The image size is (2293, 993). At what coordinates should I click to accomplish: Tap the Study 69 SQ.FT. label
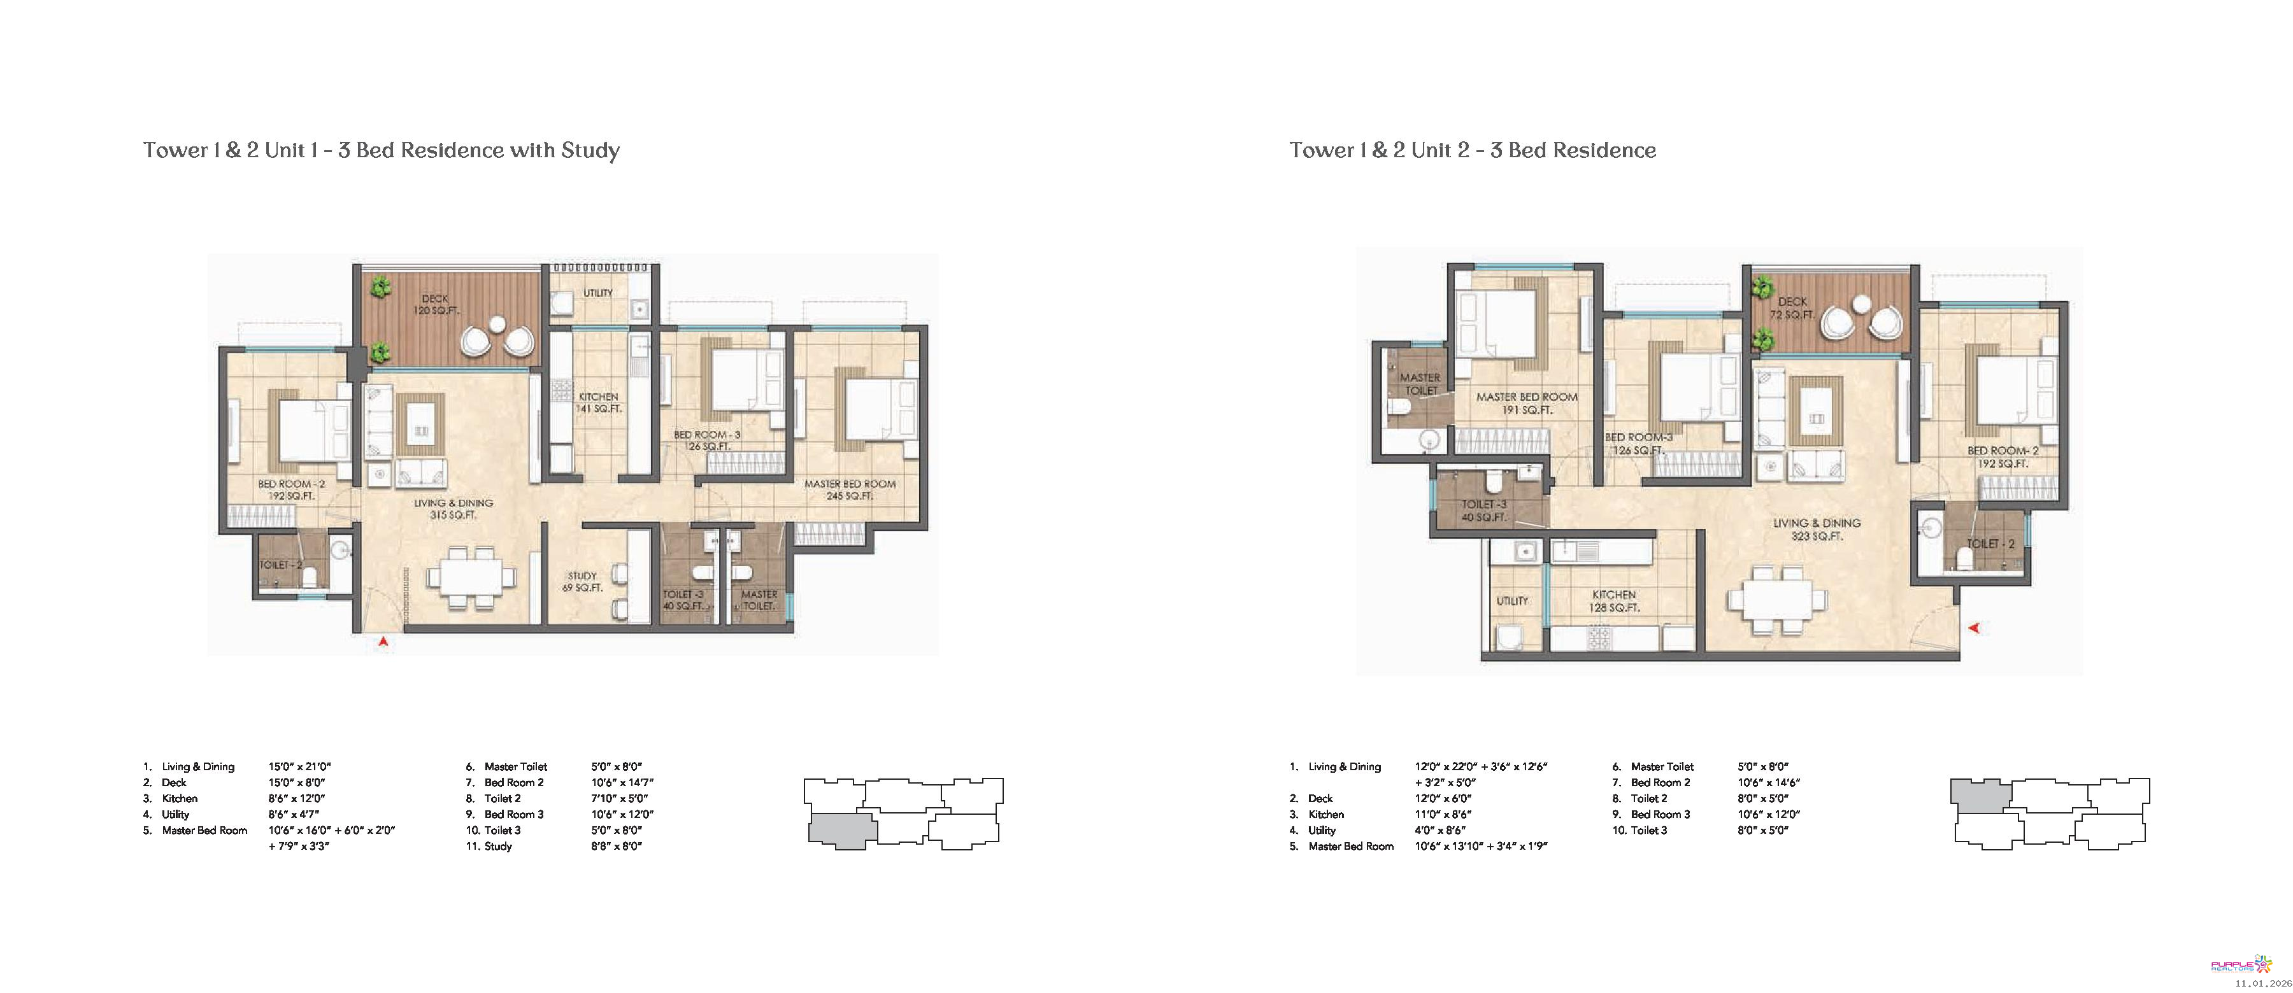point(582,582)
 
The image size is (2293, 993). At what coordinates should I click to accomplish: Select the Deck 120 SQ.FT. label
point(435,305)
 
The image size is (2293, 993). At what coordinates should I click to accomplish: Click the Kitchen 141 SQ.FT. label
point(598,403)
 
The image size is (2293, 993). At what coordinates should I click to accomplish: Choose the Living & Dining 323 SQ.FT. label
point(1817,530)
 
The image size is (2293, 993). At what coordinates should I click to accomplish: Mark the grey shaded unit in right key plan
point(1980,794)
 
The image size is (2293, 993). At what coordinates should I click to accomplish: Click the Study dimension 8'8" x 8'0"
point(616,846)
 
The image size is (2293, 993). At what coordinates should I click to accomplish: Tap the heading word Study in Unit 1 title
point(590,150)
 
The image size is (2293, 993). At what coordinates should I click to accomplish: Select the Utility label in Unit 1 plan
point(598,293)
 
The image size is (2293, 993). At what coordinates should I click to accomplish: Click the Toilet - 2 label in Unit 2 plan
point(1990,544)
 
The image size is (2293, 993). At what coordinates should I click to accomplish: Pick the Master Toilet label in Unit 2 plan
point(1420,383)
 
